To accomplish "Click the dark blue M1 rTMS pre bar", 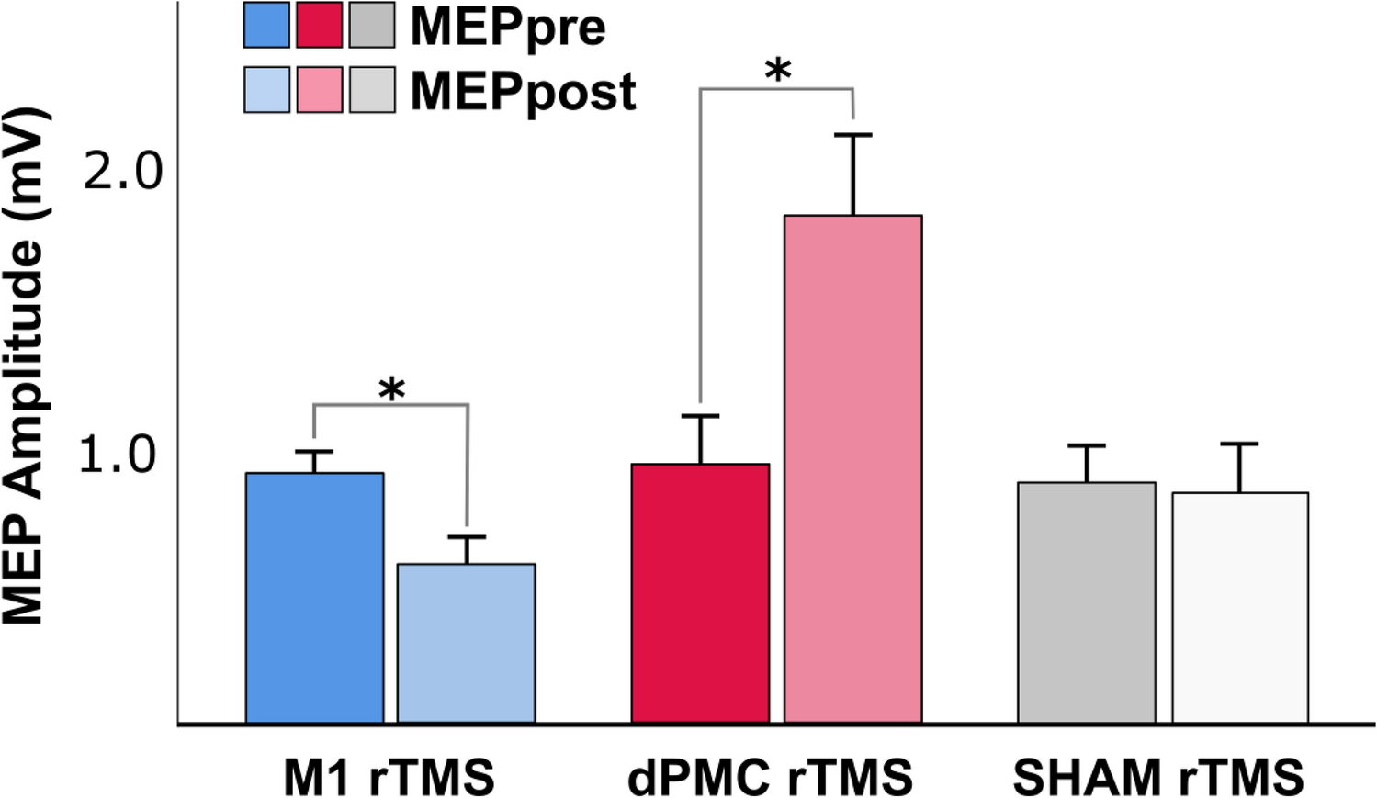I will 314,598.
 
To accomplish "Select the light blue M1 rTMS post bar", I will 466,643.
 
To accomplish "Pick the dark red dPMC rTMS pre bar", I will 700,593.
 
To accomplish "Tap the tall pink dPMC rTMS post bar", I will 852,469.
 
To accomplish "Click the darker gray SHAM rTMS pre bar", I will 1087,602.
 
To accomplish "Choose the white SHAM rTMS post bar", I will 1239,607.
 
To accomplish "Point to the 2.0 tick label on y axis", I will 122,171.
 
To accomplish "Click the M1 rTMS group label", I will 389,777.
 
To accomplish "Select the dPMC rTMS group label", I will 770,777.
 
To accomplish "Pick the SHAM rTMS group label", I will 1158,777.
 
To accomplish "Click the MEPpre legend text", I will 508,27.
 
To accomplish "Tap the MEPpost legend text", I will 523,91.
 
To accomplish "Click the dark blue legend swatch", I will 266,25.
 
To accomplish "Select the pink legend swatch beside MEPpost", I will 320,90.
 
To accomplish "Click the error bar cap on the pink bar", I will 852,135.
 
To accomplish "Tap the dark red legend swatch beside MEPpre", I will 320,25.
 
